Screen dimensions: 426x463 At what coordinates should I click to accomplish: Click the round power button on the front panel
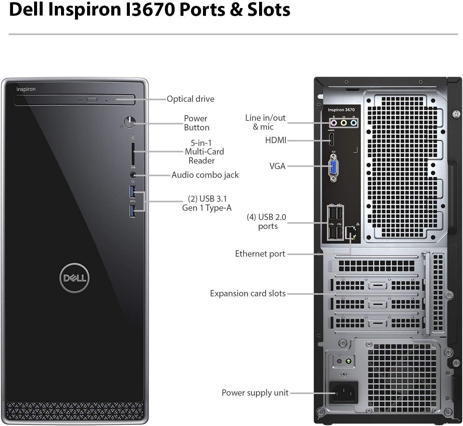pyautogui.click(x=130, y=122)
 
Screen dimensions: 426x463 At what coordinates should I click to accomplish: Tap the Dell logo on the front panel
pyautogui.click(x=74, y=278)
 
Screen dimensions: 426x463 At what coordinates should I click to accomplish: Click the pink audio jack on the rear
pyautogui.click(x=333, y=123)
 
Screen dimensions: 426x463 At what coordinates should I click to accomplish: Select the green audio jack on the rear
pyautogui.click(x=344, y=123)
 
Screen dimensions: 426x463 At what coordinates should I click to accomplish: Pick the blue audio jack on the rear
pyautogui.click(x=354, y=123)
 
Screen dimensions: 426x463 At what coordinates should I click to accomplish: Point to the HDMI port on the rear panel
pyautogui.click(x=331, y=140)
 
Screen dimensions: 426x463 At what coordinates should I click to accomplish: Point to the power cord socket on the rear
pyautogui.click(x=343, y=393)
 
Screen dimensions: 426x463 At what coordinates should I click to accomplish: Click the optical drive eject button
pyautogui.click(x=92, y=100)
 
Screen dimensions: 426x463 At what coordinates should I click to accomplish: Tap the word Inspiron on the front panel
pyautogui.click(x=26, y=89)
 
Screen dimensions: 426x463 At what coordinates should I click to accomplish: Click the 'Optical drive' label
pyautogui.click(x=191, y=99)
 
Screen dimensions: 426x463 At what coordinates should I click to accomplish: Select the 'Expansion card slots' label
pyautogui.click(x=248, y=294)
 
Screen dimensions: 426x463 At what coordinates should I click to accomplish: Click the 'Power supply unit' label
pyautogui.click(x=255, y=393)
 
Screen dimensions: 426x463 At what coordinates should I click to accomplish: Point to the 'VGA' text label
pyautogui.click(x=277, y=166)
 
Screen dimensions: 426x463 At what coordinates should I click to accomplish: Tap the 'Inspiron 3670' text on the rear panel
pyautogui.click(x=341, y=110)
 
